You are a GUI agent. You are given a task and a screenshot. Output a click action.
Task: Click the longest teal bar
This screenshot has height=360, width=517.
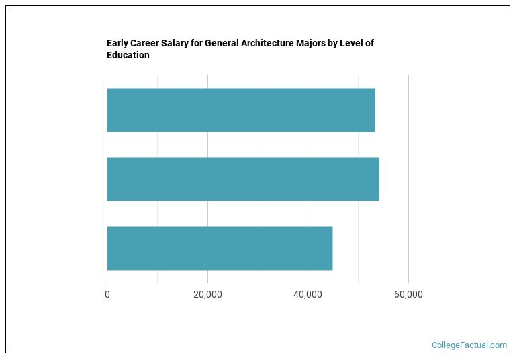[x=242, y=179]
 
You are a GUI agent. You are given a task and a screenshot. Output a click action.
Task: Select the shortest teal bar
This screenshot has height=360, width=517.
[x=220, y=249]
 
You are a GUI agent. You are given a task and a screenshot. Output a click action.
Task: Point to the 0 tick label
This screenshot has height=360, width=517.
[x=107, y=294]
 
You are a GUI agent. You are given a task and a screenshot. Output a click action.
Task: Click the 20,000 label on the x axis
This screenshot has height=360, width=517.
[x=207, y=294]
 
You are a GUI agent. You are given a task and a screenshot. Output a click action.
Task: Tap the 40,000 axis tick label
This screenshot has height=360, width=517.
[x=308, y=294]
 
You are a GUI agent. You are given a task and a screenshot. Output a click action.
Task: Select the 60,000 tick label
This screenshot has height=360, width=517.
[x=408, y=294]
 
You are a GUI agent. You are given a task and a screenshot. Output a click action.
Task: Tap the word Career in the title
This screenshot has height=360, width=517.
[x=146, y=44]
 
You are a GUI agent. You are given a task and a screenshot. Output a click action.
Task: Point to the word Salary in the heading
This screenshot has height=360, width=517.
[x=178, y=44]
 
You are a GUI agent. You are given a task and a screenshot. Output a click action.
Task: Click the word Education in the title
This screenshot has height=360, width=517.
[x=128, y=56]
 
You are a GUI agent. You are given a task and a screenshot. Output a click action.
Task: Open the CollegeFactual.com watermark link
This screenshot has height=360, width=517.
[x=469, y=345]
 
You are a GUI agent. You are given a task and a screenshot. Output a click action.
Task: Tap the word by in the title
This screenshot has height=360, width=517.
[x=341, y=44]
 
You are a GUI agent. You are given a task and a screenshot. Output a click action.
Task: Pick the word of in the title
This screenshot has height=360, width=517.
[x=369, y=44]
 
